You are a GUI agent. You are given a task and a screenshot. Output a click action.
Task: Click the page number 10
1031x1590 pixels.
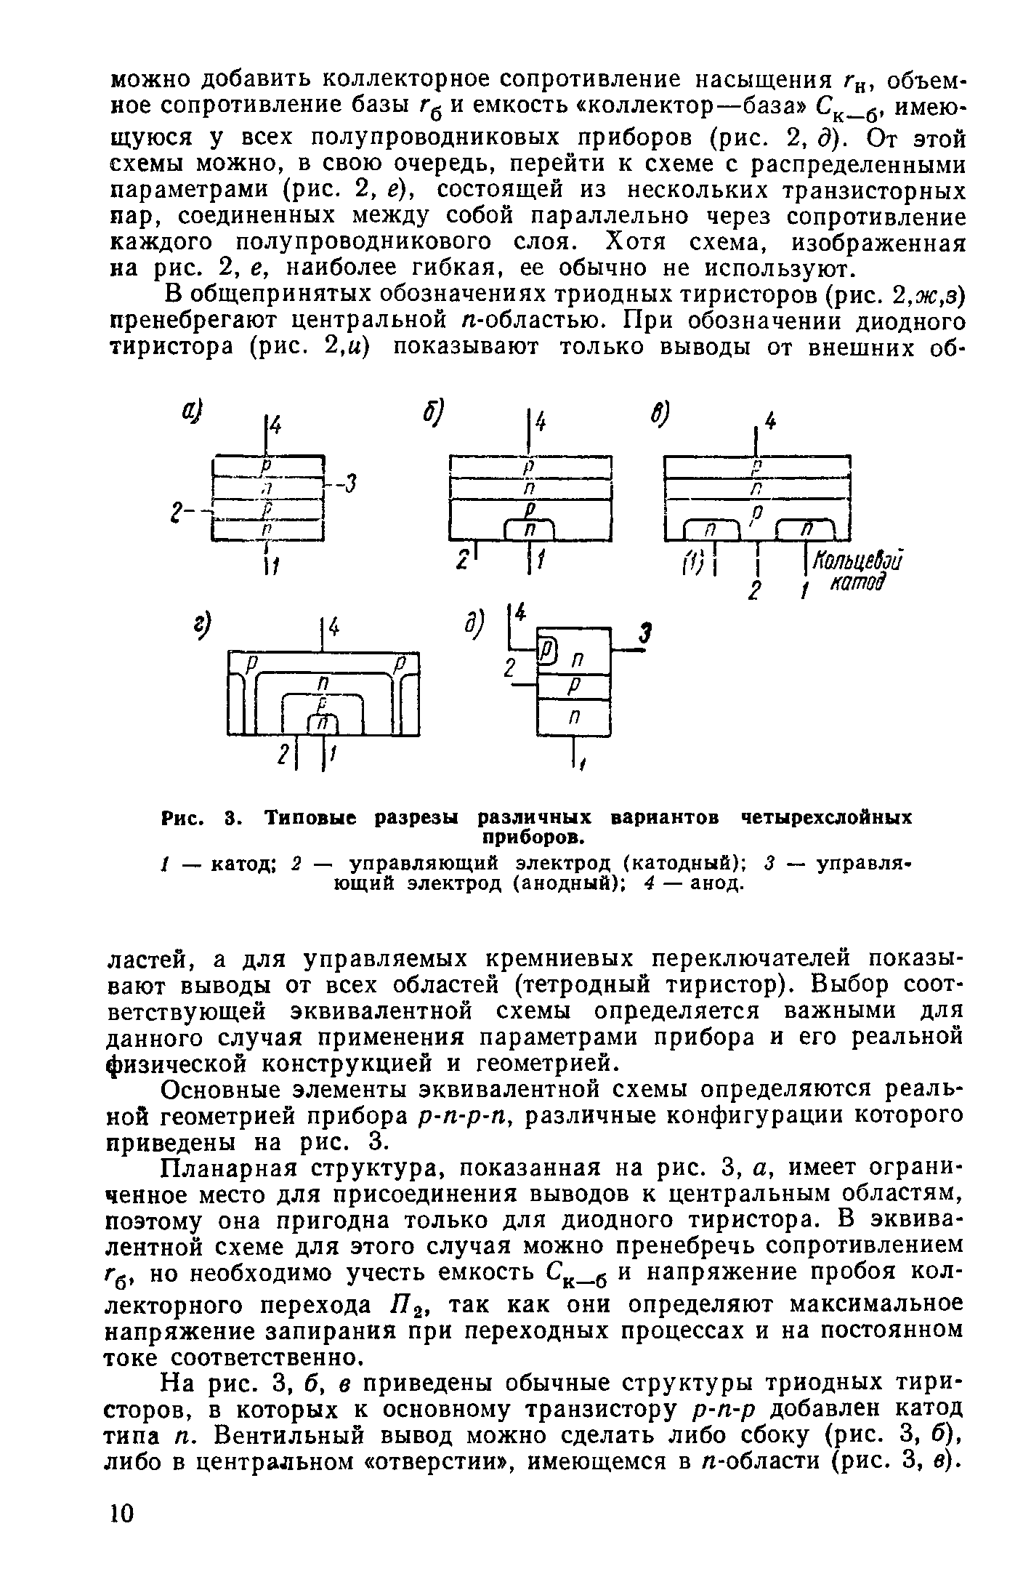coord(121,1512)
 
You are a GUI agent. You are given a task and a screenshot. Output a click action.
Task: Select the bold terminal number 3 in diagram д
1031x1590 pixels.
coord(642,635)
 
